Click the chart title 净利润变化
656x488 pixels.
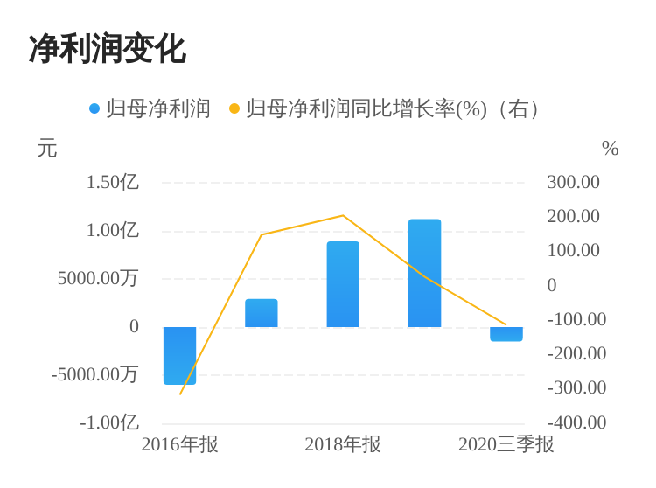pyautogui.click(x=107, y=49)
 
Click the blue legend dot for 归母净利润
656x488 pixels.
pyautogui.click(x=94, y=108)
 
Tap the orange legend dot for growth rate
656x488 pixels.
pyautogui.click(x=234, y=108)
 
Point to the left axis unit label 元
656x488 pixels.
pyautogui.click(x=47, y=149)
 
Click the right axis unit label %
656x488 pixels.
pyautogui.click(x=610, y=149)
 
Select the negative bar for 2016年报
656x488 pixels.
pyautogui.click(x=179, y=355)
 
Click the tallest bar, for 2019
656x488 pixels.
pyautogui.click(x=424, y=273)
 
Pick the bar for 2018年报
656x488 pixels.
pyautogui.click(x=343, y=284)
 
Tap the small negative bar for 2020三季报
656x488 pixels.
pyautogui.click(x=506, y=334)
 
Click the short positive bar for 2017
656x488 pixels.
pyautogui.click(x=261, y=313)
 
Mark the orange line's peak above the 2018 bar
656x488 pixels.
pyautogui.click(x=343, y=216)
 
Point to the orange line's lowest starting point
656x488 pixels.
pyautogui.click(x=180, y=394)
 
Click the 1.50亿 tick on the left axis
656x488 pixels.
pyautogui.click(x=112, y=182)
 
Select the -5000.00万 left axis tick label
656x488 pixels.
pyautogui.click(x=94, y=374)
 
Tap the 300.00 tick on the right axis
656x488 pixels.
pyautogui.click(x=573, y=182)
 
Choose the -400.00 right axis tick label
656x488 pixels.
pyautogui.click(x=576, y=422)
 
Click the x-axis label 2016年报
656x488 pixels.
pyautogui.click(x=179, y=444)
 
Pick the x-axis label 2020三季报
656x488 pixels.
pyautogui.click(x=506, y=444)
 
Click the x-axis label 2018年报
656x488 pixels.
pyautogui.click(x=343, y=444)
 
